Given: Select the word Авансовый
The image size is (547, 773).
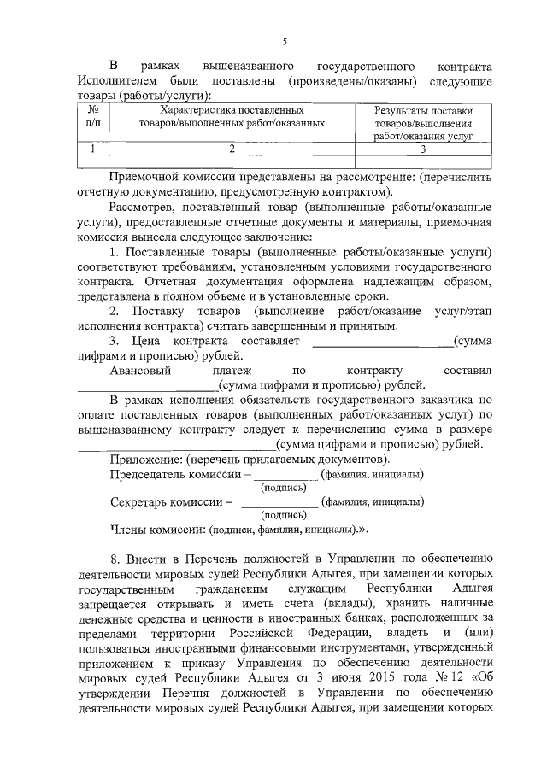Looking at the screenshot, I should (141, 371).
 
